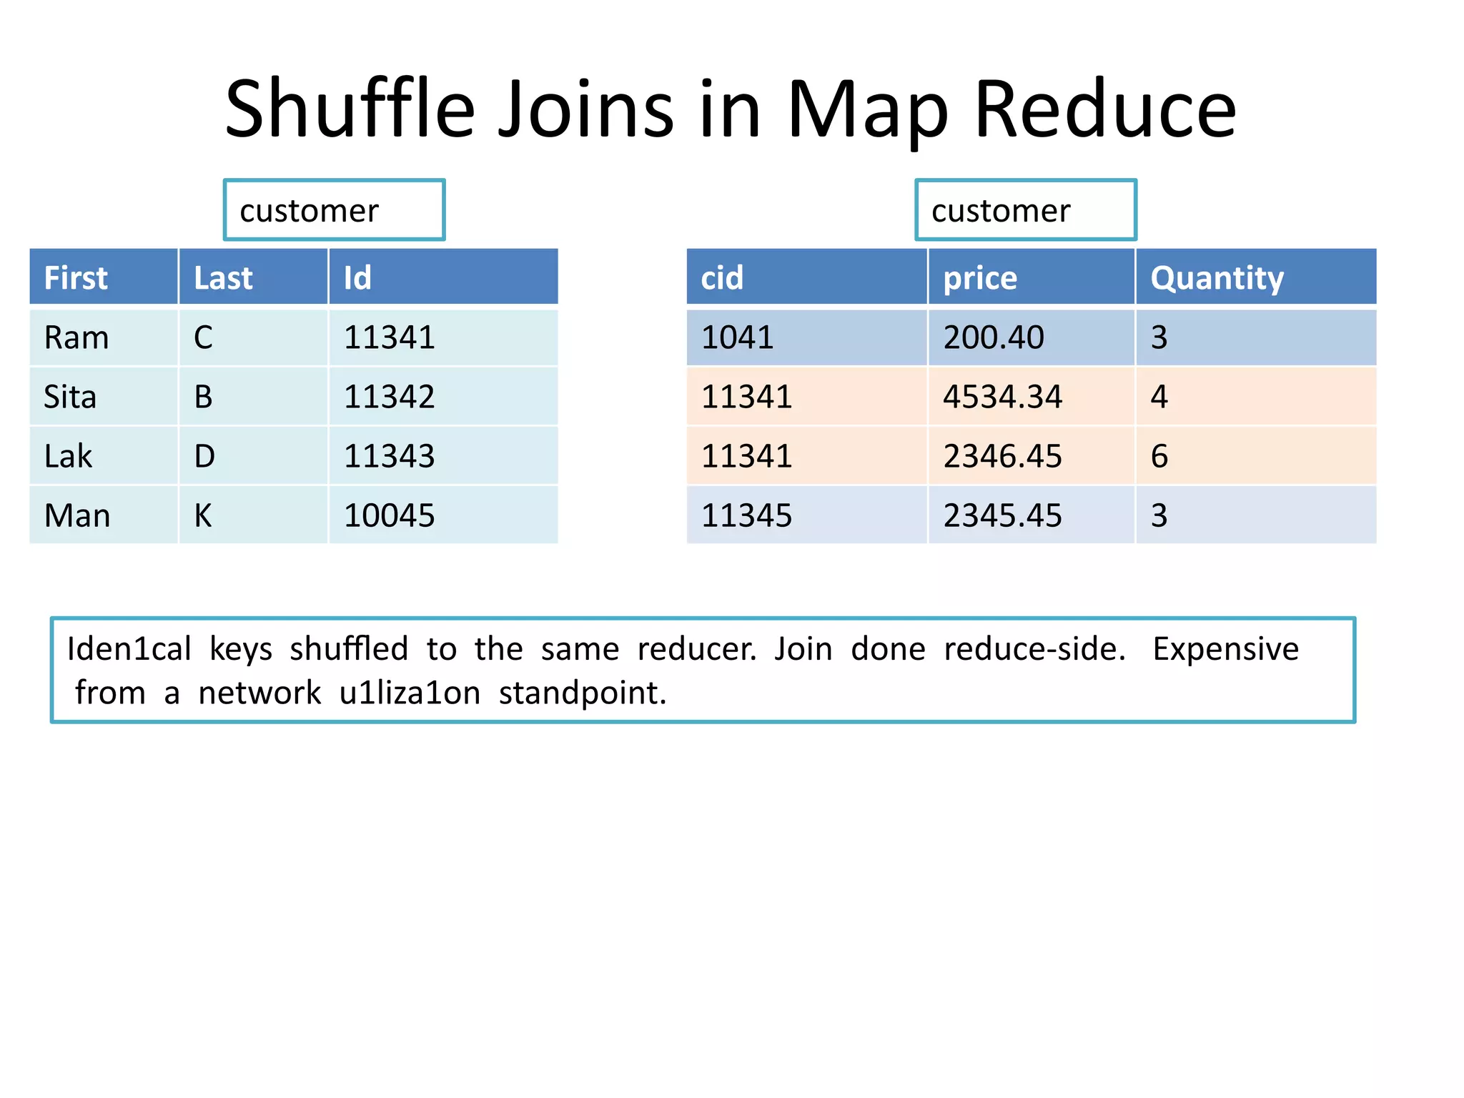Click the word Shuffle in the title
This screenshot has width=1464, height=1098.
(350, 109)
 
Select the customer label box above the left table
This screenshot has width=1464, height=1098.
(334, 210)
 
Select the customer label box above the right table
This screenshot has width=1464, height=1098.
(1025, 210)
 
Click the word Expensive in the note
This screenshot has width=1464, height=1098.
(1225, 649)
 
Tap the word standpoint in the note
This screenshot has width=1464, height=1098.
(582, 693)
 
